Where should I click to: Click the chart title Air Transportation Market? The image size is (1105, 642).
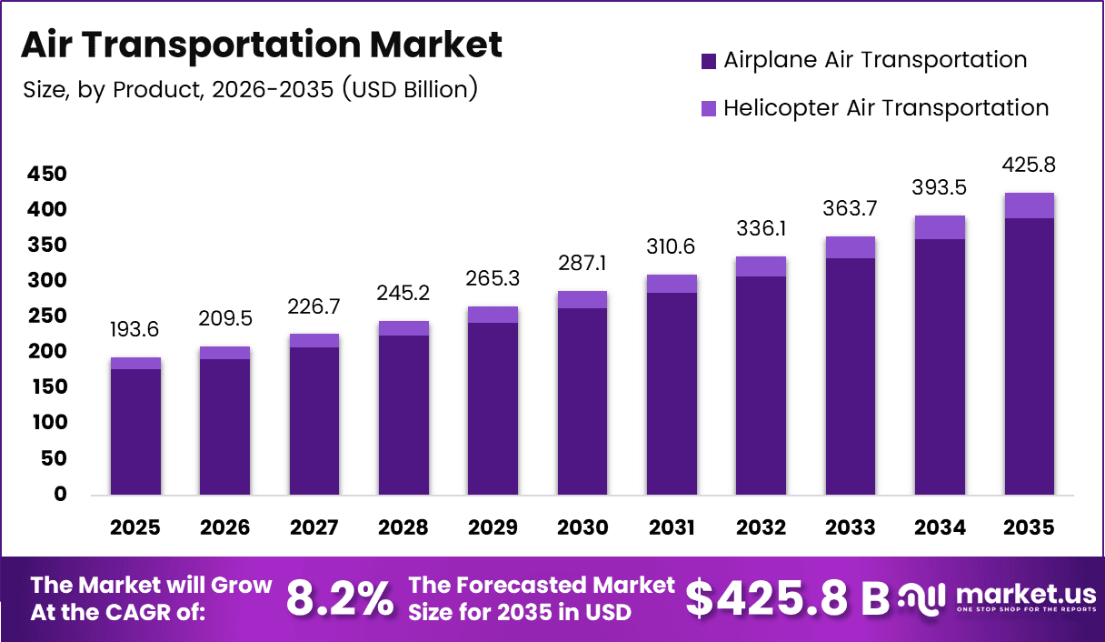click(x=261, y=45)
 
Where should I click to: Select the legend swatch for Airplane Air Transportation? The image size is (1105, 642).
click(x=709, y=61)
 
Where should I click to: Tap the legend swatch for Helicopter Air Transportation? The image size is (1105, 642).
click(x=709, y=108)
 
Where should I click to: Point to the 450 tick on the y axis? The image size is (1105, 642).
click(x=47, y=174)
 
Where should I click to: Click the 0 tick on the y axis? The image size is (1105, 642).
click(x=61, y=495)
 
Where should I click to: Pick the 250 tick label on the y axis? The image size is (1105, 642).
click(x=47, y=316)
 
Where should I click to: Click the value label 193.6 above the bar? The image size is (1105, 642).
click(x=135, y=329)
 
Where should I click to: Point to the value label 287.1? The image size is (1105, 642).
click(x=582, y=264)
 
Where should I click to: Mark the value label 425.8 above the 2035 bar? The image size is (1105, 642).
click(x=1029, y=166)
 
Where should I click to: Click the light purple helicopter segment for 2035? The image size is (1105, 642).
click(x=1029, y=206)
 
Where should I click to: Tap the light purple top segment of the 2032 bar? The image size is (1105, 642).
click(x=761, y=266)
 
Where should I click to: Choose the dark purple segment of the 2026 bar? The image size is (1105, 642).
click(x=224, y=426)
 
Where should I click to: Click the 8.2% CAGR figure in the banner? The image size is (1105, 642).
click(x=340, y=598)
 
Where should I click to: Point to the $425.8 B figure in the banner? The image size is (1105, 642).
click(x=786, y=598)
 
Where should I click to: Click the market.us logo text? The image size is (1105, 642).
click(x=1025, y=595)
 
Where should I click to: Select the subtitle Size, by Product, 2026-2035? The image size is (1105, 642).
click(x=249, y=89)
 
